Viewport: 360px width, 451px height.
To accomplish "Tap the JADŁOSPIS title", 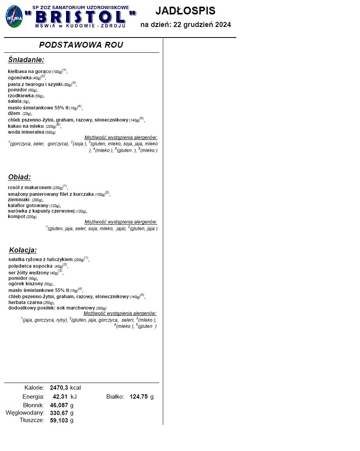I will pyautogui.click(x=185, y=11).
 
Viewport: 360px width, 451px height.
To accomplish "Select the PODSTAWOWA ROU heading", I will pyautogui.click(x=81, y=45).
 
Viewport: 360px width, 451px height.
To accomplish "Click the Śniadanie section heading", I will pyautogui.click(x=26, y=60).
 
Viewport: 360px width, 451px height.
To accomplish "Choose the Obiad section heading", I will pyautogui.click(x=19, y=177).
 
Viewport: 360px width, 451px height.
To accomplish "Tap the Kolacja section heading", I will pyautogui.click(x=23, y=250).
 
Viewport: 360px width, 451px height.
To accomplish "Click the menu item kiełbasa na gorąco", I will pyautogui.click(x=29, y=72).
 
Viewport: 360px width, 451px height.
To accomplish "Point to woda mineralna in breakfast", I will pyautogui.click(x=26, y=132).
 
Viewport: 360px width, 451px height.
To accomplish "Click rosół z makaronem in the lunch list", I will pyautogui.click(x=30, y=188).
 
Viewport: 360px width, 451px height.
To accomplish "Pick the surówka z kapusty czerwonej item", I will pyautogui.click(x=41, y=211).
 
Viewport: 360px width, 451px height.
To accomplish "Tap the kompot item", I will pyautogui.click(x=16, y=217).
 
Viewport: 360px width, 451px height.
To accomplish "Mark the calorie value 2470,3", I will pyautogui.click(x=59, y=388).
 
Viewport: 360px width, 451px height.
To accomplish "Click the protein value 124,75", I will pyautogui.click(x=139, y=397).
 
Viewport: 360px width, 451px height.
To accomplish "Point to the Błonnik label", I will pyautogui.click(x=33, y=405).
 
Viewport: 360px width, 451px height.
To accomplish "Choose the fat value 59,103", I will pyautogui.click(x=59, y=421).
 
